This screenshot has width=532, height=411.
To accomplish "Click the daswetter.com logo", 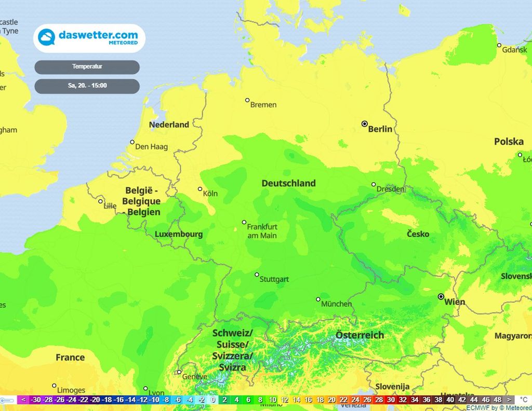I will (89, 38).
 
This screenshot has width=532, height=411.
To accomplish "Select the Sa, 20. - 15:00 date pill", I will (87, 86).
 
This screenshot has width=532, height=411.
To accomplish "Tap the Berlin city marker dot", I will (364, 124).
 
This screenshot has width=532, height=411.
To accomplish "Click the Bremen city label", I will (263, 105).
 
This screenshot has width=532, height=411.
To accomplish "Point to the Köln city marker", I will (200, 189).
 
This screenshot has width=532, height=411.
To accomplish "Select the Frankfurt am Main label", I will (262, 231).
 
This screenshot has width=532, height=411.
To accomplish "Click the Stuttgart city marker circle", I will (257, 275).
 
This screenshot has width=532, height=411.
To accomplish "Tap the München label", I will (336, 304).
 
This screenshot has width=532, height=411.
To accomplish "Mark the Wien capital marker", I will (441, 297).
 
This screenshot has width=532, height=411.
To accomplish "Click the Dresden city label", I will (391, 189).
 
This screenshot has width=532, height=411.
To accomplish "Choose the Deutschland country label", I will (288, 183).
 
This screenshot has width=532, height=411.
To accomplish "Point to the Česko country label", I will (418, 234).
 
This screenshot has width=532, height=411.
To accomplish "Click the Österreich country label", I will (360, 335).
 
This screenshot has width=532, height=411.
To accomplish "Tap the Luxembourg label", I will (179, 235).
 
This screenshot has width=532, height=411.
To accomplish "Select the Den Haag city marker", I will (132, 142).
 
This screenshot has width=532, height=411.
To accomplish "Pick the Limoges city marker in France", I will (54, 386).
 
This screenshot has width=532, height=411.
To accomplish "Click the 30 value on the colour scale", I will (391, 400).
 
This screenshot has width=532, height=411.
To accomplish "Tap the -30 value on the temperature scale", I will (35, 400).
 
